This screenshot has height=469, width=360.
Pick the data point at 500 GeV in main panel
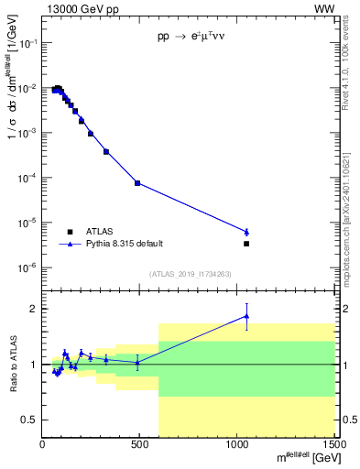pos(137,183)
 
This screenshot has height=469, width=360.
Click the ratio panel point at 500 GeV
pos(137,362)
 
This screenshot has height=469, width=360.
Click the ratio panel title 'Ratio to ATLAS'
pos(13,364)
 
